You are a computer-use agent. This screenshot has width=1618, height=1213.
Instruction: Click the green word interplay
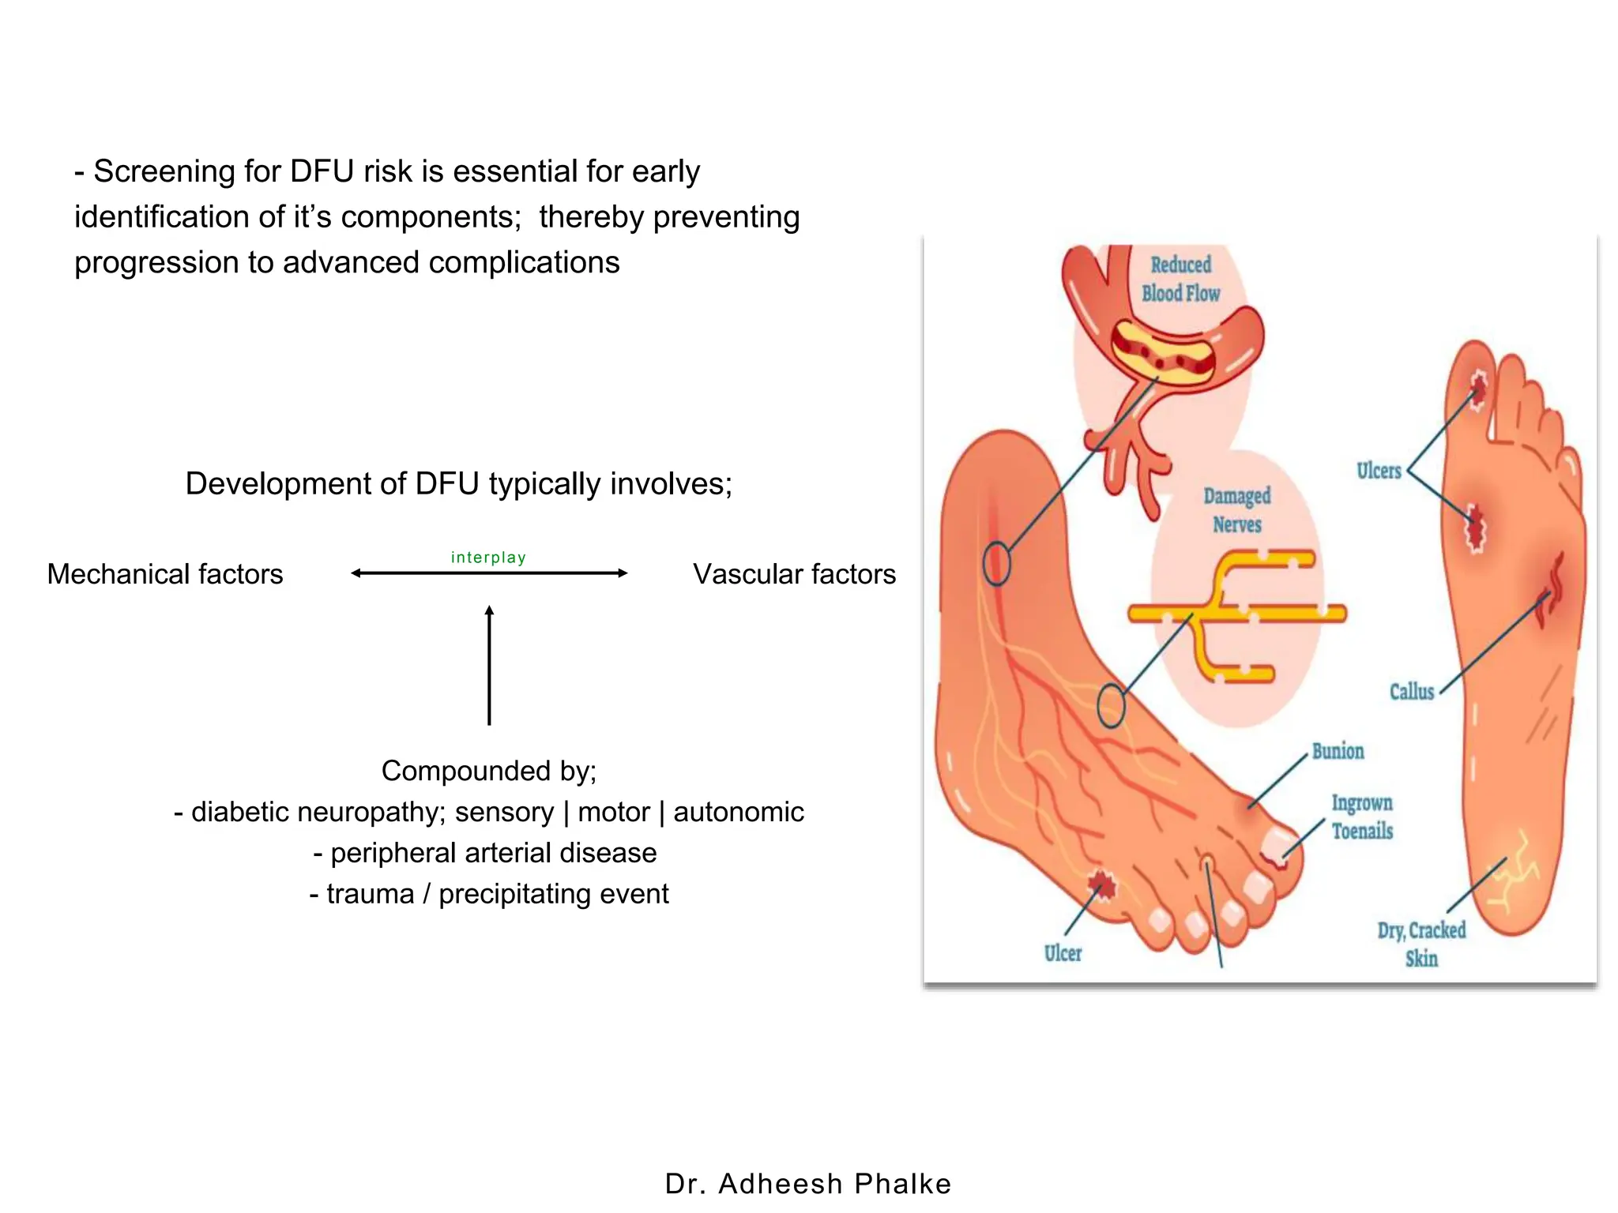pyautogui.click(x=488, y=558)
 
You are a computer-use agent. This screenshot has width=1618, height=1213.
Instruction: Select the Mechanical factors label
pyautogui.click(x=165, y=574)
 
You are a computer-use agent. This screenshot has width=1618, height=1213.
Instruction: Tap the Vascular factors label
pyautogui.click(x=794, y=574)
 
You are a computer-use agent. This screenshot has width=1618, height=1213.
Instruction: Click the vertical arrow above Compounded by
pyautogui.click(x=489, y=665)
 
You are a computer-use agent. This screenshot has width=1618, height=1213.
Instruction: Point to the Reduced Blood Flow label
pyautogui.click(x=1180, y=279)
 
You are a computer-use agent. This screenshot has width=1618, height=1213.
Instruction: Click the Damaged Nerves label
pyautogui.click(x=1236, y=510)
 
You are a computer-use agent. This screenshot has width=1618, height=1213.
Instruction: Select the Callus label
pyautogui.click(x=1411, y=692)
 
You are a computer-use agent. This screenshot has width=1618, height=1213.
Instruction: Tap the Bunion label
pyautogui.click(x=1338, y=751)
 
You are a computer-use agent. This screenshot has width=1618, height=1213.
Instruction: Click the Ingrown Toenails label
pyautogui.click(x=1362, y=817)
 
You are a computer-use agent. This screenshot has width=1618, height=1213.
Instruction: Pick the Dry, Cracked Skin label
pyautogui.click(x=1421, y=944)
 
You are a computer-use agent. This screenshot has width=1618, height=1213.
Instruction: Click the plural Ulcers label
pyautogui.click(x=1378, y=471)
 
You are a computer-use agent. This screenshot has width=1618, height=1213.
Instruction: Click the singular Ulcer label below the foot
pyautogui.click(x=1063, y=953)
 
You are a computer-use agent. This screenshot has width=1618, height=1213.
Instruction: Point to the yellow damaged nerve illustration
pyautogui.click(x=1236, y=613)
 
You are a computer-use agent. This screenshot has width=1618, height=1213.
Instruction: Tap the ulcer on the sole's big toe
pyautogui.click(x=1477, y=389)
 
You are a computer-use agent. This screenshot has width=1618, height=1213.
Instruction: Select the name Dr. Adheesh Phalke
pyautogui.click(x=808, y=1183)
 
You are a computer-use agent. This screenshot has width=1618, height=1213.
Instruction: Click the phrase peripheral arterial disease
pyautogui.click(x=485, y=853)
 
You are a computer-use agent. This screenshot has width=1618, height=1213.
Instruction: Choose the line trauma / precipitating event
pyautogui.click(x=488, y=894)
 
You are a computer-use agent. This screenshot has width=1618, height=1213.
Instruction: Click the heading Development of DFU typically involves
pyautogui.click(x=458, y=483)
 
